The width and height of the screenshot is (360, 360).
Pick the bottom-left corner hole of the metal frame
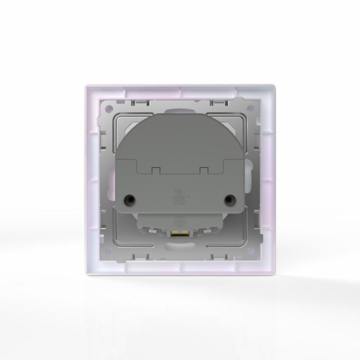tap(108, 252)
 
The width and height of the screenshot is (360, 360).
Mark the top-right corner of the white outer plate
tap(276, 86)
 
